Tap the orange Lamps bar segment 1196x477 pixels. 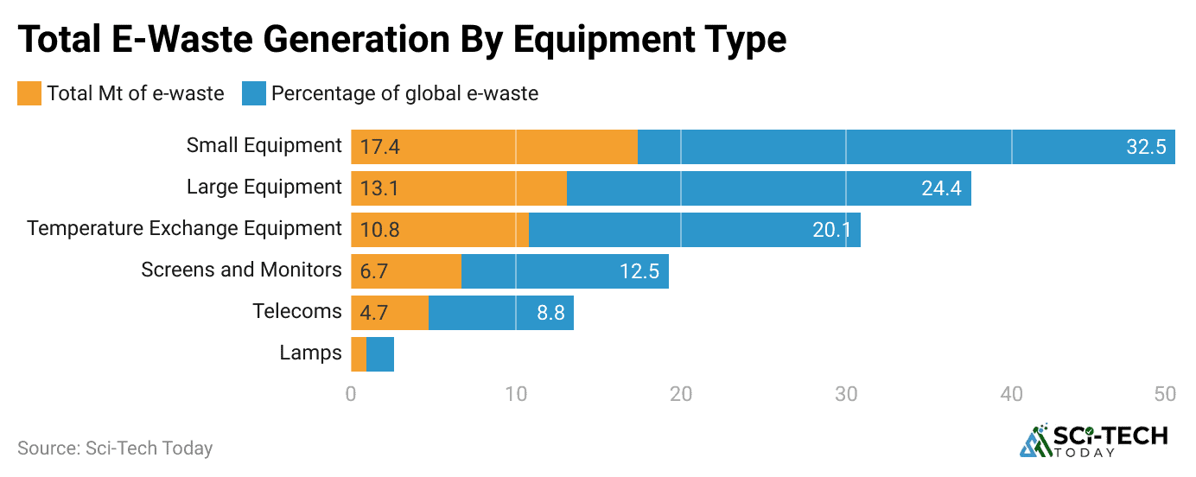coord(359,354)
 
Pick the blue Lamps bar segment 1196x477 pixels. coord(380,354)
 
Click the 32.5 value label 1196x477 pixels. coord(1146,147)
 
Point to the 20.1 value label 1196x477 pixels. coord(832,230)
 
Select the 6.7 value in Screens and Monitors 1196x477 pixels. coord(374,271)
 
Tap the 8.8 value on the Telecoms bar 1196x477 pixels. coord(550,313)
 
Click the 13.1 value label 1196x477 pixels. coord(379,188)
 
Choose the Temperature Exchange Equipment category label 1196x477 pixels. coord(184,229)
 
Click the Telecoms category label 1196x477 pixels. coord(297,312)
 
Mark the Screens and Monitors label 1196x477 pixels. coord(241,270)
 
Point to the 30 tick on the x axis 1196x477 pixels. coord(846,394)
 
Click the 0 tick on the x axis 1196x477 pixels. coord(351,394)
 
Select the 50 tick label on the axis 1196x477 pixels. coord(1165,394)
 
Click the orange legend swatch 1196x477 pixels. coord(29,93)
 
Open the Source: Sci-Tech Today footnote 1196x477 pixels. coord(115,448)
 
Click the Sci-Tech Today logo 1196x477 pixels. coord(1094,441)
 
